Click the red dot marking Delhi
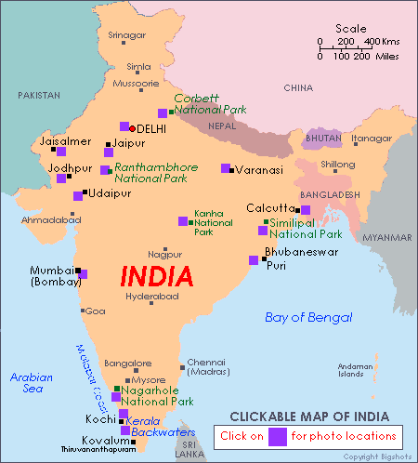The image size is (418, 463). coord(133,128)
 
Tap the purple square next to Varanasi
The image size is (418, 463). coord(226,168)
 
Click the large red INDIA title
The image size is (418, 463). coord(157,276)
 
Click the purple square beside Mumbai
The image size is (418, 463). coord(82,274)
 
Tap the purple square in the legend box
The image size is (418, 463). coord(277,435)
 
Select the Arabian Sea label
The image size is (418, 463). coord(32,383)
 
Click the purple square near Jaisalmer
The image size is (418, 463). coord(61,151)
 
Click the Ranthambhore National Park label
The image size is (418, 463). coord(154,172)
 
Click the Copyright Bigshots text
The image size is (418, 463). coord(378,456)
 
